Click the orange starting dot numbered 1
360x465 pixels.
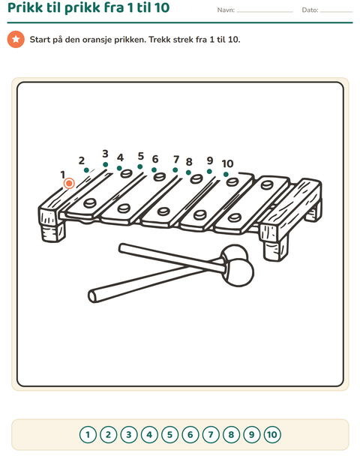pos(69,183)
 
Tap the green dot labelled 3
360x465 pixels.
pos(105,164)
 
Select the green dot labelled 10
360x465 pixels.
pos(226,174)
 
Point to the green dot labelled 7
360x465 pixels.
pos(175,170)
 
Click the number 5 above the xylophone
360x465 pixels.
pos(140,156)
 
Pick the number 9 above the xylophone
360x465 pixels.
pos(210,160)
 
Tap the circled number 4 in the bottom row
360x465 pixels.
pos(149,435)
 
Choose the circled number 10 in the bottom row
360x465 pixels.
pos(272,435)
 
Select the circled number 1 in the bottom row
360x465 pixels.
pos(88,435)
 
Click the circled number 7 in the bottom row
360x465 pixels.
pos(211,435)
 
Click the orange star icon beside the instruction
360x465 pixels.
pos(16,40)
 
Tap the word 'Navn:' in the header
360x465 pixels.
pos(226,10)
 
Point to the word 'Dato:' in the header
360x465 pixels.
pos(310,10)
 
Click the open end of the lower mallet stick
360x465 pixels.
pos(92,296)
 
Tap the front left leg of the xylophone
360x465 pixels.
pos(54,232)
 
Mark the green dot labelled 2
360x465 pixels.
pos(86,170)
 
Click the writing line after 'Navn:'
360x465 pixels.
pos(265,12)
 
